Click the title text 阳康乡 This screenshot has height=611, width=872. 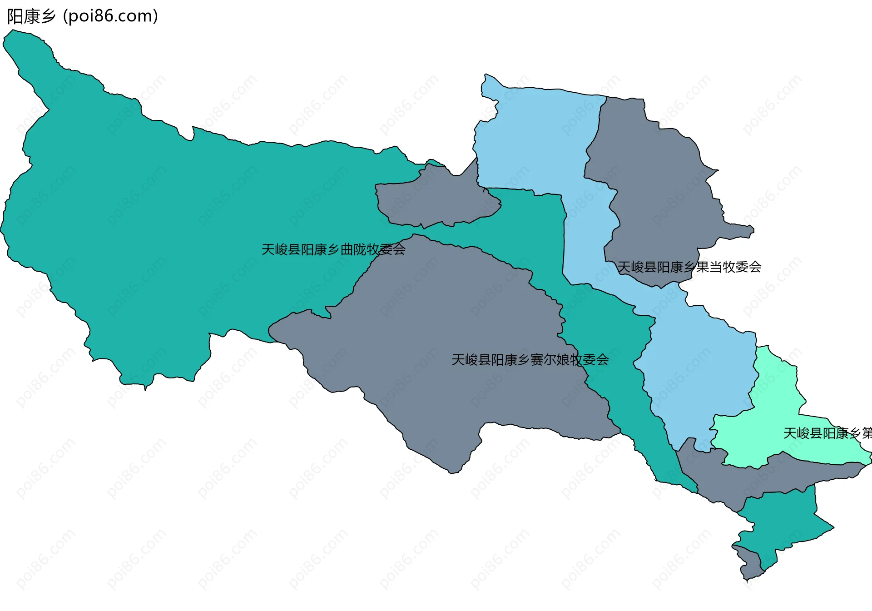[31, 16]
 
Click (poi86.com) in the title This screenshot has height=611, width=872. [110, 16]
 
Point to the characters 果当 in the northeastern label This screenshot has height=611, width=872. [709, 267]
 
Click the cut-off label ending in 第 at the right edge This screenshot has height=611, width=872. [827, 433]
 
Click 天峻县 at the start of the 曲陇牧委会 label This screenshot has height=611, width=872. [281, 249]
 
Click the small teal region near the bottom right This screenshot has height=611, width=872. [781, 522]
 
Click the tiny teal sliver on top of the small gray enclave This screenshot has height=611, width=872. [435, 162]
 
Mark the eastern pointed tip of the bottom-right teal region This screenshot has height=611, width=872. [832, 528]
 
